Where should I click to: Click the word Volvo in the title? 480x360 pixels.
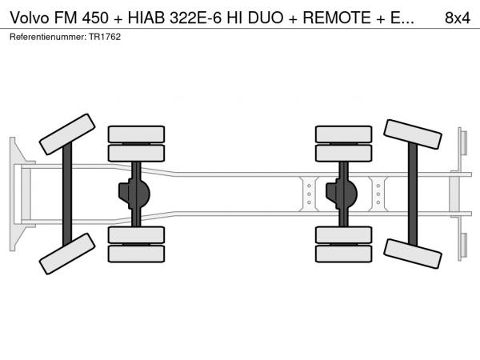(x=30, y=18)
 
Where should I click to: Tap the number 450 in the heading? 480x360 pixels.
(x=95, y=18)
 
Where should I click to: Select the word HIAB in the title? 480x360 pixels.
(x=146, y=18)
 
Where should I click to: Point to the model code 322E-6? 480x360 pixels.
(x=195, y=18)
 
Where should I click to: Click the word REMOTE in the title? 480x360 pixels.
(x=337, y=18)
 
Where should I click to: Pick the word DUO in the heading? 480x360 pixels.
(x=266, y=18)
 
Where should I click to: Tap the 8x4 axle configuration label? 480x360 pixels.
(x=458, y=18)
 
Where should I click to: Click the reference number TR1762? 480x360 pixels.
(x=105, y=37)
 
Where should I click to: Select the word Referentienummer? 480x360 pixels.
(x=48, y=37)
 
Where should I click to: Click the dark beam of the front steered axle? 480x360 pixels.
(x=67, y=194)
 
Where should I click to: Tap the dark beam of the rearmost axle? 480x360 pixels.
(x=413, y=194)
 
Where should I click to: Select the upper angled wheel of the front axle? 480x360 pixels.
(x=67, y=134)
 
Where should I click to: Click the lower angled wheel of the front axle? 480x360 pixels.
(x=67, y=254)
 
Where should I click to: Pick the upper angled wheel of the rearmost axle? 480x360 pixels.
(x=413, y=134)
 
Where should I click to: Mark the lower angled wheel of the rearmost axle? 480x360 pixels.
(x=413, y=254)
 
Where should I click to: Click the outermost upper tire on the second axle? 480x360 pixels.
(x=136, y=134)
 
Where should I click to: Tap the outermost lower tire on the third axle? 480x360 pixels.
(x=343, y=254)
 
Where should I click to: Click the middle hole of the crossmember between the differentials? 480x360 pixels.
(x=309, y=194)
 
